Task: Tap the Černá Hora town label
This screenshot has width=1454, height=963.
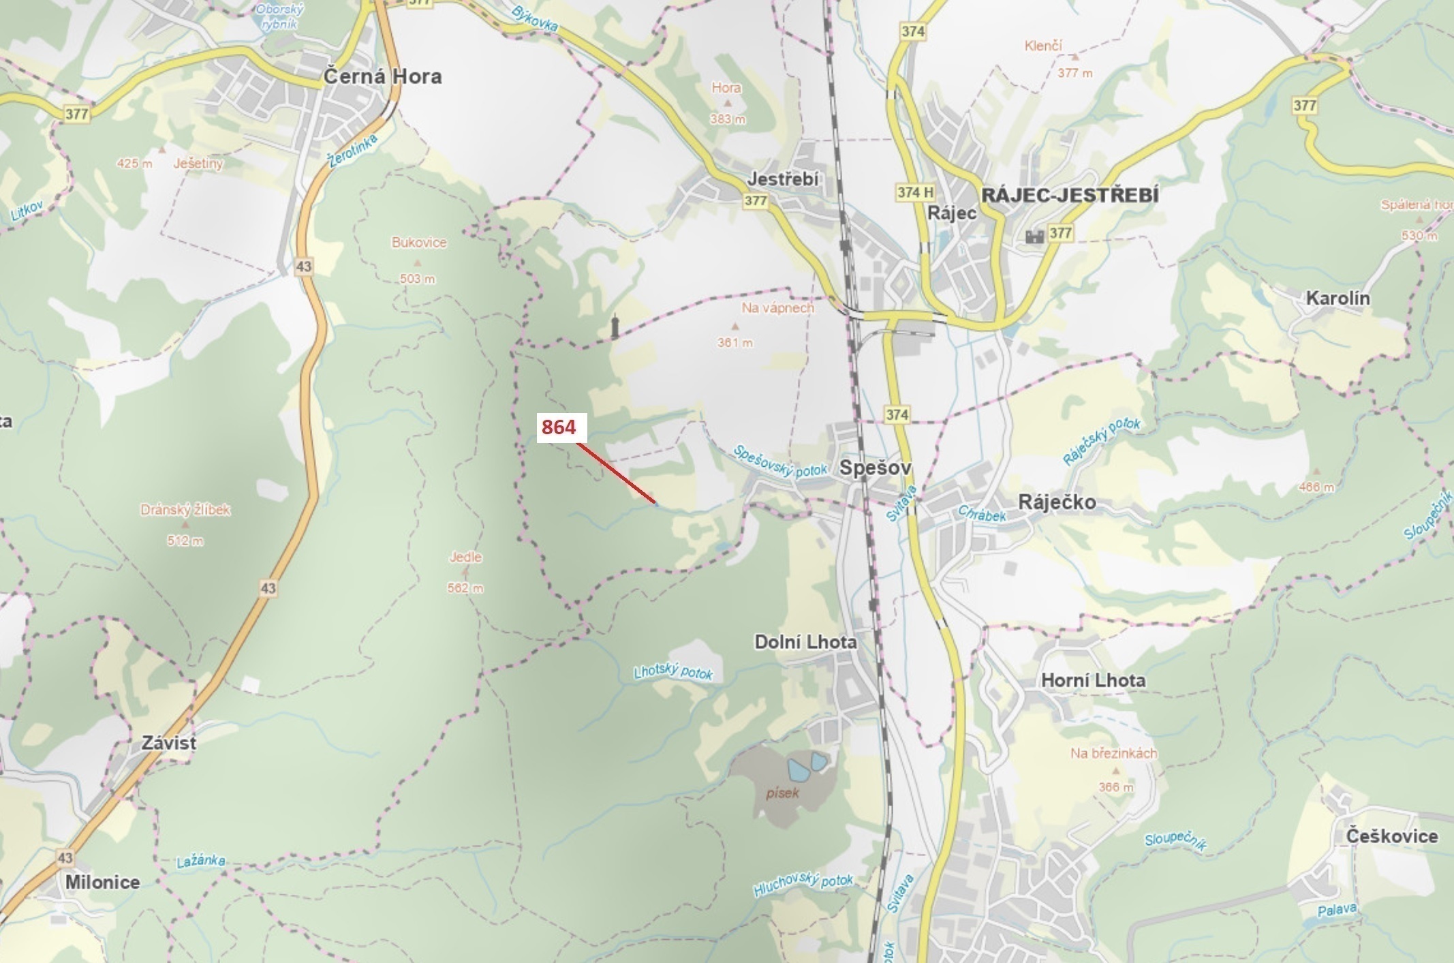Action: tap(382, 76)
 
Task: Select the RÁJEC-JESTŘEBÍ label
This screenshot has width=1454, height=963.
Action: tap(1069, 196)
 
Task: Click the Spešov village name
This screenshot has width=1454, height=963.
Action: tap(875, 468)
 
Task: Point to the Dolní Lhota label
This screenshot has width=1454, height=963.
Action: tap(805, 642)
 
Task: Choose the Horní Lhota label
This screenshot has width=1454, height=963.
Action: tap(1093, 680)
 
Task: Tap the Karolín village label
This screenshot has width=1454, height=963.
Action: tap(1337, 298)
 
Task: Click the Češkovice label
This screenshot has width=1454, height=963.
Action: tap(1391, 836)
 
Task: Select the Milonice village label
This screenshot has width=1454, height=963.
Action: tap(102, 882)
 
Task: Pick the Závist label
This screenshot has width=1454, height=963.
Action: tap(169, 743)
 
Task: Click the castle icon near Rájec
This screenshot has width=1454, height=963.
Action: tap(1034, 236)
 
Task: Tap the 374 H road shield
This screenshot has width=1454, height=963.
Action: tap(914, 192)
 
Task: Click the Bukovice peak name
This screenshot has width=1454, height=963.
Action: tap(419, 243)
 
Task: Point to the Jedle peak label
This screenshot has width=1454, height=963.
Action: tap(465, 557)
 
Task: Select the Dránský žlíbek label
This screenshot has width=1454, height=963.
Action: tap(185, 510)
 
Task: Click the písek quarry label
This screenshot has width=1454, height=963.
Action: tap(782, 793)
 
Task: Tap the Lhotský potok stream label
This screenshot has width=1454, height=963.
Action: tap(673, 672)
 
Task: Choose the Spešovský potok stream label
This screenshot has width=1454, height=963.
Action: tap(779, 462)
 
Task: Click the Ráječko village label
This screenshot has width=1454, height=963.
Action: tap(1057, 502)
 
